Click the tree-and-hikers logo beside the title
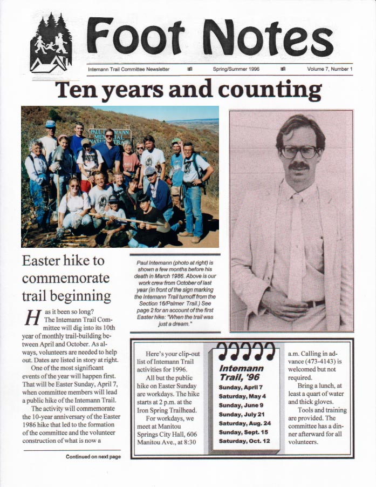tap(51, 43)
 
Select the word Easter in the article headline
tap(43, 261)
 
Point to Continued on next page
tap(93, 457)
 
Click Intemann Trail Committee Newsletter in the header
tap(128, 69)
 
